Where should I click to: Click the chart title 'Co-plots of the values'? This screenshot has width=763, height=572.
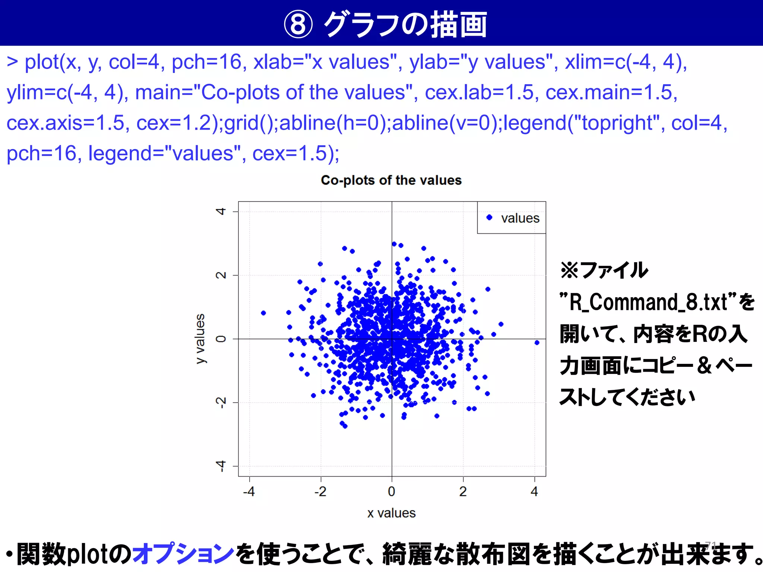pos(391,180)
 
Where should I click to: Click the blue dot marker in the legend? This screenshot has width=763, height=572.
pos(490,217)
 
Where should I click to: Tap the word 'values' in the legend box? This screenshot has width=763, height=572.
pos(520,218)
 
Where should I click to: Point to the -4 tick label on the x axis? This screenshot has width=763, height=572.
pos(249,492)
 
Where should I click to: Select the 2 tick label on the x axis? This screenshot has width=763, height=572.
pos(463,492)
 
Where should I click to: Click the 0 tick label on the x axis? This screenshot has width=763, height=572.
pos(392,492)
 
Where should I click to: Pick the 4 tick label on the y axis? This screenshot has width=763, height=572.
pos(221,212)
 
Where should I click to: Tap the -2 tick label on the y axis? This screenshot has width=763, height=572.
pos(221,403)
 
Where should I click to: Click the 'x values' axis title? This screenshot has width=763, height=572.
pos(391,513)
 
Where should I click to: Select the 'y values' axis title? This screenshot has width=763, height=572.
pos(200,339)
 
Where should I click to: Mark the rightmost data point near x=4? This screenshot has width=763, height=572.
pos(537,343)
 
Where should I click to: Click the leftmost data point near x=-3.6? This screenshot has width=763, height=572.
pos(263,313)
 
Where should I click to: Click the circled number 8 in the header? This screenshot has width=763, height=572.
pos(298,25)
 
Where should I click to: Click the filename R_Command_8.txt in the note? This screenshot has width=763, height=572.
pos(649,302)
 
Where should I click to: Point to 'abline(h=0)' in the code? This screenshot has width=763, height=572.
pos(334,123)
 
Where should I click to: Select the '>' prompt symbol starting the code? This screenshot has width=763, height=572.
pos(12,62)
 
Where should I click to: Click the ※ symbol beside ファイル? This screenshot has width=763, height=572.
pos(569,270)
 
